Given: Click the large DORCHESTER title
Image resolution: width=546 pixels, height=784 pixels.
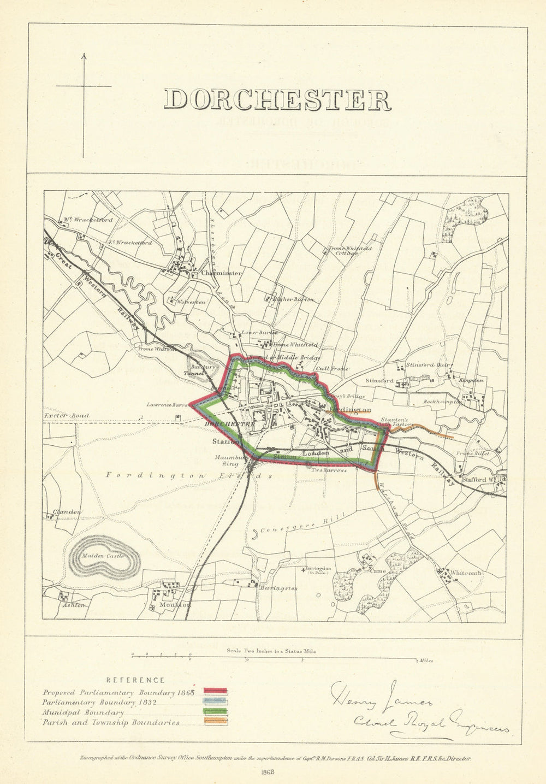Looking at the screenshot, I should coord(277,101).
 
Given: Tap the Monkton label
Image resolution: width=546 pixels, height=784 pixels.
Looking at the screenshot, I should coord(175,605).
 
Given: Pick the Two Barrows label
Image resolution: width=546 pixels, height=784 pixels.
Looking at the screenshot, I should coord(330,469).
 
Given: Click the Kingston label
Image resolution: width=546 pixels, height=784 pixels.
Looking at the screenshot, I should coord(472,380).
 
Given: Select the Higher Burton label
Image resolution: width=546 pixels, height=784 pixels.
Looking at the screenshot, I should coord(296,299).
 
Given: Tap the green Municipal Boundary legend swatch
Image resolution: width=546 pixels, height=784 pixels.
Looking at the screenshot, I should coord(216,712).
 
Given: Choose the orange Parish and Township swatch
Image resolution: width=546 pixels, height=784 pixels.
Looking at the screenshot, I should coord(216,722).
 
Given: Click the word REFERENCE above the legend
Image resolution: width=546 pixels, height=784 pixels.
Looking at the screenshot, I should coord(135,680).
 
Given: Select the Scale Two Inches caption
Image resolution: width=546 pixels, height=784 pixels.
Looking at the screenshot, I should coord(271,651).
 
